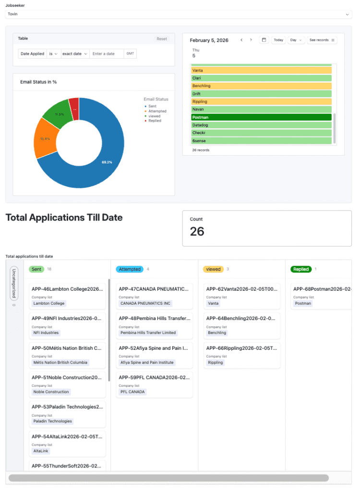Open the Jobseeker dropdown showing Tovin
pos(179,14)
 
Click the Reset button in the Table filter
pos(162,39)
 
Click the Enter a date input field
pos(107,54)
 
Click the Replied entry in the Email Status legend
pos(155,121)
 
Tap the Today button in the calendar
pos(278,40)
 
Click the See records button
pos(322,40)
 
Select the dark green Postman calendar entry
pos(262,117)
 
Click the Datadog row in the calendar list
pos(262,125)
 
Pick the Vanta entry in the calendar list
pos(262,71)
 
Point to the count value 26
pos(197,232)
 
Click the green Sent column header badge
pos(36,269)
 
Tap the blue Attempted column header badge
pos(130,269)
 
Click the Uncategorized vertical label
pos(14,285)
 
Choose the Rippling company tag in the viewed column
pos(216,362)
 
